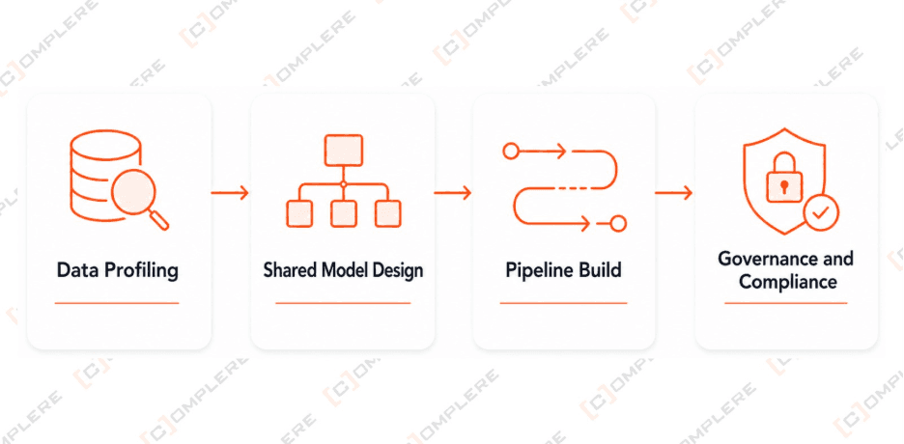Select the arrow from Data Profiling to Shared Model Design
tap(230, 192)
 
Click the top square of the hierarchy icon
tap(344, 151)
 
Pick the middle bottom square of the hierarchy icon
tap(344, 213)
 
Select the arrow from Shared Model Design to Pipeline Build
tap(453, 192)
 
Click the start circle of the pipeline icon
tap(510, 152)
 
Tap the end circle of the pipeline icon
tap(618, 223)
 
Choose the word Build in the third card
tap(601, 269)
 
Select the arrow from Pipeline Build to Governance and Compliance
tap(673, 192)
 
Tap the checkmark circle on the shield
tap(821, 213)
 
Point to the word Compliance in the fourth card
tap(787, 282)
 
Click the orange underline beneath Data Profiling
tap(117, 303)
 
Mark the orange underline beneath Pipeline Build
tap(563, 303)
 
